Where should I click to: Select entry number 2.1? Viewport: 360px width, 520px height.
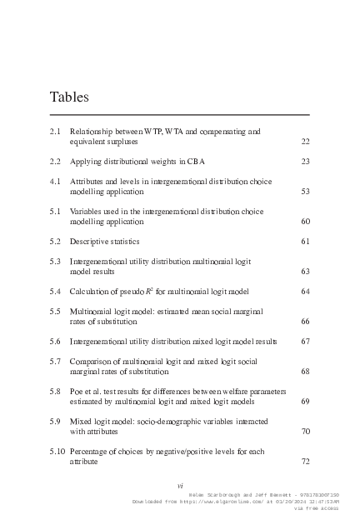tap(56, 132)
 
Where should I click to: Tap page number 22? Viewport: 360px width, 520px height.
tap(305, 142)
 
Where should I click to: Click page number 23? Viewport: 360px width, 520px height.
tap(305, 161)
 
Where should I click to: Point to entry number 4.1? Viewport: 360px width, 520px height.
tap(56, 181)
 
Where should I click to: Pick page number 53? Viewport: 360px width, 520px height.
tap(305, 191)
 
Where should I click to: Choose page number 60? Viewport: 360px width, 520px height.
tap(305, 221)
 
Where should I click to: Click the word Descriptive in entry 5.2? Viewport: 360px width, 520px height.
tap(90, 241)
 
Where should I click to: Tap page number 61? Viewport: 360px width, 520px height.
tap(305, 241)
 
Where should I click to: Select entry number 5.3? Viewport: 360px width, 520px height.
tap(56, 261)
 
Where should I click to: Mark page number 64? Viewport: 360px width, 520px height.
tap(305, 291)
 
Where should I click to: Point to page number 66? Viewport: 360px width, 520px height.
tap(305, 321)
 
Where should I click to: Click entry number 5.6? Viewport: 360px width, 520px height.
tap(56, 341)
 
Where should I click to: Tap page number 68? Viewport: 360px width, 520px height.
tap(305, 371)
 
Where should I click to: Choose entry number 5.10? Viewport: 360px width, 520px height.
tap(57, 451)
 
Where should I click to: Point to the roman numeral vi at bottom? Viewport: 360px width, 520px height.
tap(180, 485)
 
